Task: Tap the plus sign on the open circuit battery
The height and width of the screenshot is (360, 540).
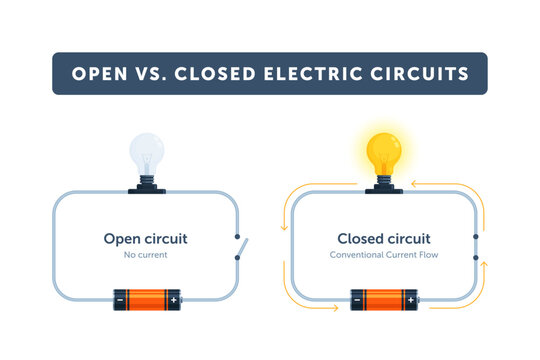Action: [173, 299]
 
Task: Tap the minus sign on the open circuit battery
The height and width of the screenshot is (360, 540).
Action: [120, 299]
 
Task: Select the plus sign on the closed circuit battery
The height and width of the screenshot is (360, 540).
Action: [410, 299]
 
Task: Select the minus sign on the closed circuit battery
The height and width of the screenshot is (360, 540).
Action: [357, 299]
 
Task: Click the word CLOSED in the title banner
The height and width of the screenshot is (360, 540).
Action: [219, 74]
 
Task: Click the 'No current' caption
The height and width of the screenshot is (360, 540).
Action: [146, 256]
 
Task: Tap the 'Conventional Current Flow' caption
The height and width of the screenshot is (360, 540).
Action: [384, 256]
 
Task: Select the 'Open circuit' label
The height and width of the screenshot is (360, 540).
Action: [146, 239]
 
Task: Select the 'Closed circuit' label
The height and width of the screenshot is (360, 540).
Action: [384, 239]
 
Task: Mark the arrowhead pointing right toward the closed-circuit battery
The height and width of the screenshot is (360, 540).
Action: [334, 307]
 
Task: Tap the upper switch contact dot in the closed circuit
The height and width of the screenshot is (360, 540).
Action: [474, 237]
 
